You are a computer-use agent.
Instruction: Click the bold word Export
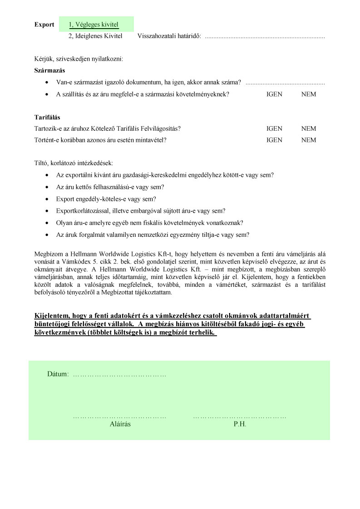(x=44, y=24)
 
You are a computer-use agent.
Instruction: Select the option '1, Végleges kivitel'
(x=94, y=24)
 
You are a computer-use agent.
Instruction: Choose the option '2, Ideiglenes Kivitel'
(x=95, y=36)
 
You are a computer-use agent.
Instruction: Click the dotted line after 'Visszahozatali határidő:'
(x=265, y=36)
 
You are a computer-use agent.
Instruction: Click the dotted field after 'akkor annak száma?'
(x=285, y=83)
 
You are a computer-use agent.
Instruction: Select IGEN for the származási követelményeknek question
(x=274, y=94)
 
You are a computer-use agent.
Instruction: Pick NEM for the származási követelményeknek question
(x=309, y=94)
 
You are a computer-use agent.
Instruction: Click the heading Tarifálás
(x=47, y=117)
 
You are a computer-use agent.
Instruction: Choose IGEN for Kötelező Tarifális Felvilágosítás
(x=274, y=129)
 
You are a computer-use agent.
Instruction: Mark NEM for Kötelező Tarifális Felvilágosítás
(x=309, y=129)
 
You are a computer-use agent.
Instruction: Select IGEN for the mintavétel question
(x=274, y=140)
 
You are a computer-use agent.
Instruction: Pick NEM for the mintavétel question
(x=309, y=140)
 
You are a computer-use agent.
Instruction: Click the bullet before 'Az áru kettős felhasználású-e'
(x=48, y=187)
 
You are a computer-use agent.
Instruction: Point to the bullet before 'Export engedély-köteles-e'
(x=48, y=199)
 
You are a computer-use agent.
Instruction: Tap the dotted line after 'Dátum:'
(x=119, y=375)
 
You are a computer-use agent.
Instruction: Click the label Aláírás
(x=120, y=425)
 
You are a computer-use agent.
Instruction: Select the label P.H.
(x=240, y=425)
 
